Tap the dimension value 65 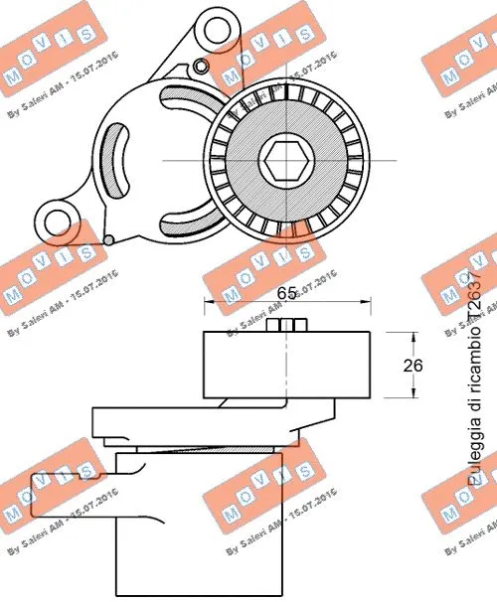point(286,293)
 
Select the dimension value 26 point(413,366)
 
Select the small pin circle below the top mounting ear point(202,67)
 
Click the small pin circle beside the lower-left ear point(108,236)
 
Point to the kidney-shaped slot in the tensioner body point(117,158)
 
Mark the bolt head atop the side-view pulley point(287,326)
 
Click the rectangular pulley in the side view point(286,366)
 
